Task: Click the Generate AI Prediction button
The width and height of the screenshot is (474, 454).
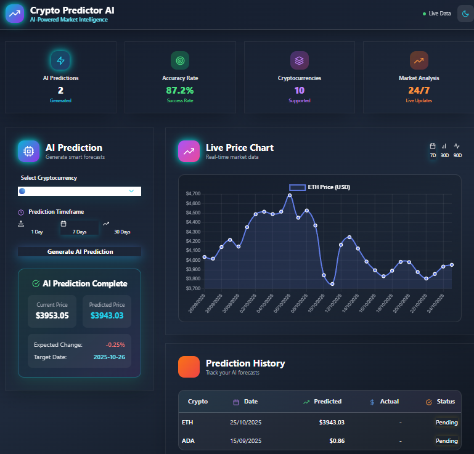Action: [x=80, y=251]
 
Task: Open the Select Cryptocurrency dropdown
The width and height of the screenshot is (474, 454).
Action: [x=80, y=191]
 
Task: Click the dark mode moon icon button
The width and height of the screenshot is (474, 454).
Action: [x=465, y=13]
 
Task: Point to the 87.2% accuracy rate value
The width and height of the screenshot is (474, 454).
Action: [x=179, y=90]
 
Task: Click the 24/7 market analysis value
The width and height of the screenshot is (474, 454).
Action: [x=419, y=90]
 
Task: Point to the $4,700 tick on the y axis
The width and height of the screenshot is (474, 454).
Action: [x=193, y=193]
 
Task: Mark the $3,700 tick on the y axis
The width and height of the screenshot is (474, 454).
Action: [x=193, y=288]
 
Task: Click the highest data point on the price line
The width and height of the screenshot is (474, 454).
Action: [x=290, y=195]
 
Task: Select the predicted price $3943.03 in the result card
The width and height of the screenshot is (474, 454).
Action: [x=107, y=315]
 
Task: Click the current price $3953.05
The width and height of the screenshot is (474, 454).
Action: [x=52, y=315]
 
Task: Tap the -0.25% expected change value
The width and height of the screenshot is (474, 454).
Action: [x=115, y=344]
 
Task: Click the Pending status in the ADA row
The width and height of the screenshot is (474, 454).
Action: [x=447, y=441]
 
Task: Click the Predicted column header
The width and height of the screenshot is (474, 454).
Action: [x=327, y=402]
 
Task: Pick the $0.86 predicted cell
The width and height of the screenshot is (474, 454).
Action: [x=337, y=441]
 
